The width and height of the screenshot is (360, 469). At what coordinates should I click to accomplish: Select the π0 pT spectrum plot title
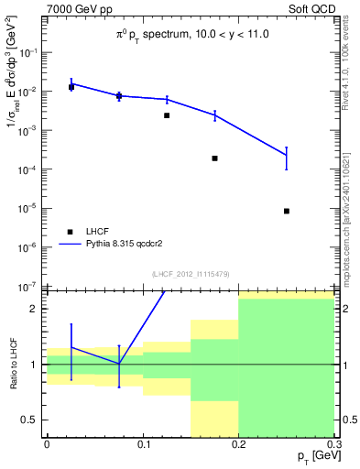(190, 35)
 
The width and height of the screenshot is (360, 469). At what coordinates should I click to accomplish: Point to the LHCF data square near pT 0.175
(214, 158)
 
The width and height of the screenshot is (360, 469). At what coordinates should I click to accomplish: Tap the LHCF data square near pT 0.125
(167, 115)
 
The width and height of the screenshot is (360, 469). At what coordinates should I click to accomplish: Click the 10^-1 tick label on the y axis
(29, 53)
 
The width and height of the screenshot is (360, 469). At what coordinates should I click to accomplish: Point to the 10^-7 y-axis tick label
(29, 286)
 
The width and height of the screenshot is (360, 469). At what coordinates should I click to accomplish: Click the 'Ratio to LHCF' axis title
(14, 364)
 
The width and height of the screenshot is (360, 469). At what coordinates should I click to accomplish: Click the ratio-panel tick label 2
(35, 309)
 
